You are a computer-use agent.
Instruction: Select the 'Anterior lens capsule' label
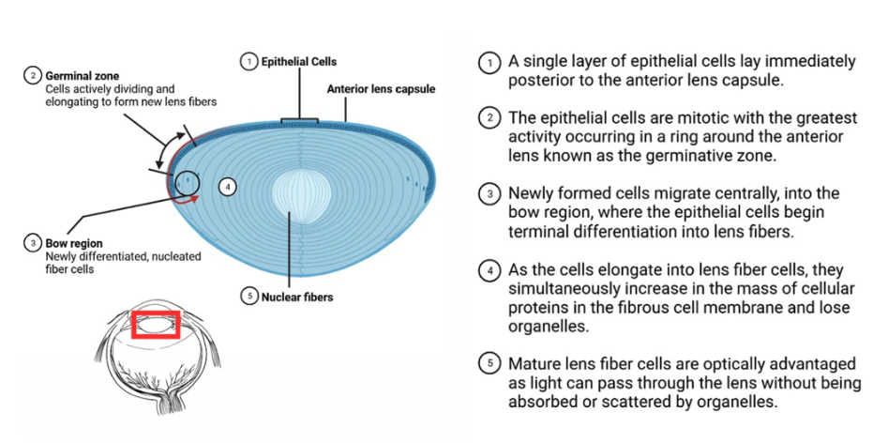click(380, 90)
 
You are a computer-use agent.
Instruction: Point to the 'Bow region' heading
click(74, 243)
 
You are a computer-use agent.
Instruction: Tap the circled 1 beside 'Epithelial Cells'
click(249, 61)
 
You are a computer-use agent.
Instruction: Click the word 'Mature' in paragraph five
click(537, 364)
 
